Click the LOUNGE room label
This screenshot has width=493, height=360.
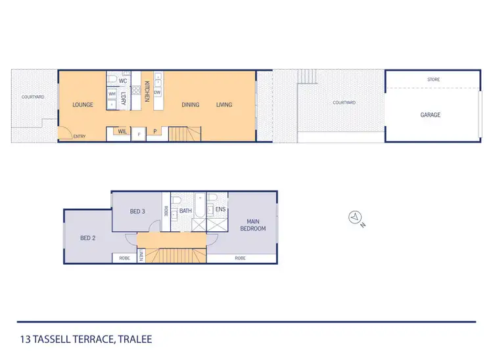[x=83, y=104]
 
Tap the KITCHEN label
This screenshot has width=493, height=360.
[x=147, y=91]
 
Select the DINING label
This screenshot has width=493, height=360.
[x=191, y=104]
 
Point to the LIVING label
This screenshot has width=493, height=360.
[x=224, y=104]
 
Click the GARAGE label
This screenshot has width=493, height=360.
[x=431, y=115]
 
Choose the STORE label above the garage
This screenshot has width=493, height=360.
[x=433, y=79]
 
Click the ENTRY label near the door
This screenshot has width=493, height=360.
[x=80, y=137]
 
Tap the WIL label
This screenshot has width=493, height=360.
[x=122, y=131]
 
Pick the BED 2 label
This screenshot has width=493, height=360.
[x=88, y=238]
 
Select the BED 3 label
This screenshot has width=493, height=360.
[x=137, y=212]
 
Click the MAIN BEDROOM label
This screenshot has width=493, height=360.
[x=256, y=225]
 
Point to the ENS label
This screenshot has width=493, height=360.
[x=221, y=210]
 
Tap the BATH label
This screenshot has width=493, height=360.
[x=185, y=211]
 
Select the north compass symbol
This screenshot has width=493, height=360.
[x=356, y=217]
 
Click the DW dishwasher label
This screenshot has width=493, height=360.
[x=158, y=93]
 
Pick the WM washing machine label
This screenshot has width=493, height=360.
[x=112, y=94]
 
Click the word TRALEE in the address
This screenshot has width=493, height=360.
[x=134, y=340]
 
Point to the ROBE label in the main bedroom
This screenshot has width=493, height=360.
[x=240, y=258]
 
